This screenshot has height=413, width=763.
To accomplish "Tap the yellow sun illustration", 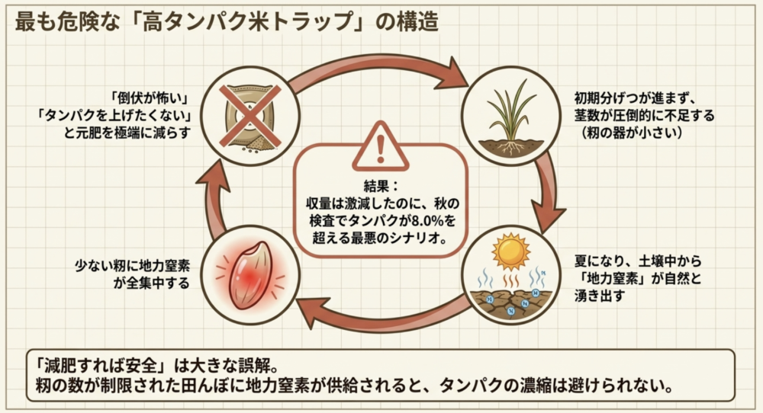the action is click(x=510, y=252).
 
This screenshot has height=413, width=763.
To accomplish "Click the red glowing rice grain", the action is click(x=250, y=275).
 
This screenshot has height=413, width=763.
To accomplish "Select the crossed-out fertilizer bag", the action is click(x=250, y=117).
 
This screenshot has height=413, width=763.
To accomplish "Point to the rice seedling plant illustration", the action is click(x=510, y=117).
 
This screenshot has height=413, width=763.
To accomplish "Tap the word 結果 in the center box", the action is click(x=376, y=186).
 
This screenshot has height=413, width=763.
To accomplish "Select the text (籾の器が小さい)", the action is click(x=632, y=133).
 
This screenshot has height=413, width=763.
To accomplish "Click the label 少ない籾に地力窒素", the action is click(x=132, y=266).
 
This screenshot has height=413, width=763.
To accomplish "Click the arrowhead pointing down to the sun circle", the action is click(x=547, y=217).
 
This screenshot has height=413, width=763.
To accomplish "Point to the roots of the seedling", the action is click(x=510, y=147).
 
